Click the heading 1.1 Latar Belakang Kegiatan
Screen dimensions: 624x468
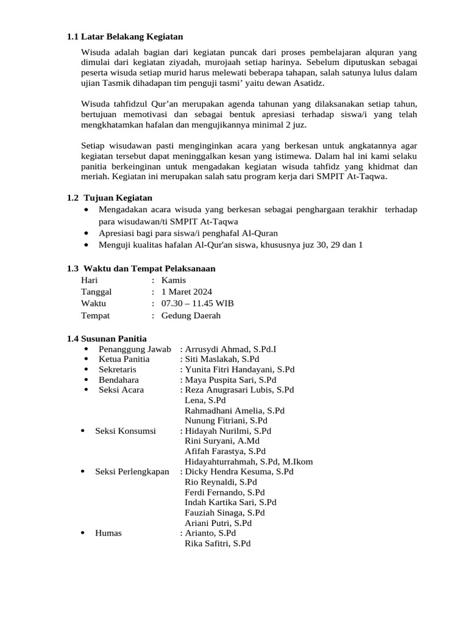(x=125, y=37)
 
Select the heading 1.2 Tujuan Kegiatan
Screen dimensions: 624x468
(x=110, y=197)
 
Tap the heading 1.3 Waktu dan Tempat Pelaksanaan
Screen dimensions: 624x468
(x=141, y=268)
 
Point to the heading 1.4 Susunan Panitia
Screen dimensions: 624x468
(x=107, y=338)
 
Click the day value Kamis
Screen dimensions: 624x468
(x=174, y=280)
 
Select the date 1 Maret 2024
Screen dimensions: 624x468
(x=186, y=292)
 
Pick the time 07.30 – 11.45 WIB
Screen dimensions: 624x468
(x=197, y=303)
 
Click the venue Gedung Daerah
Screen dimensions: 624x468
(x=191, y=315)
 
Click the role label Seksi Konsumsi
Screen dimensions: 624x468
(x=126, y=431)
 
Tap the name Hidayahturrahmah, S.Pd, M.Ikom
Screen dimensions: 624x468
(x=249, y=461)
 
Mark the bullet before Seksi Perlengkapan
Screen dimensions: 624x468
(x=82, y=472)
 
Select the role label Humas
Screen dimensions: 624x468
(x=108, y=533)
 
